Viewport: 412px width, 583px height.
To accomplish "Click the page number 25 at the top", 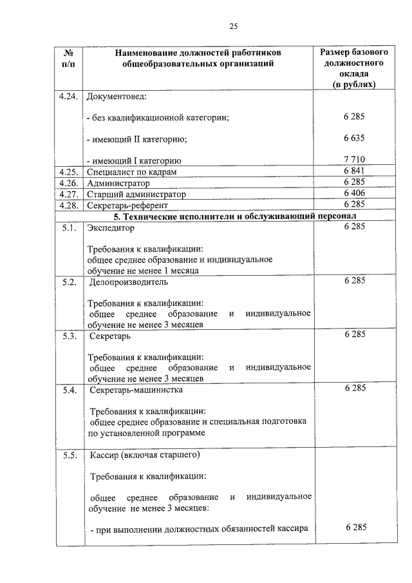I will pos(234,26).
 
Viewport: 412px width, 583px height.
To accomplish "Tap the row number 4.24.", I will pos(68,97).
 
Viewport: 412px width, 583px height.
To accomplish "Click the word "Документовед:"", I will pos(117,97).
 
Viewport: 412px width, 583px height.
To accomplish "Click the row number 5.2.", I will pos(70,282).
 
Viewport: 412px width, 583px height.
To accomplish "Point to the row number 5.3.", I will pos(70,336).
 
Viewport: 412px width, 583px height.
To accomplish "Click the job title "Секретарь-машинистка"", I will pos(136,390).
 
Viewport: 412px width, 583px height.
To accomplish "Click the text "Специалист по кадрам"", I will pos(131,172).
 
